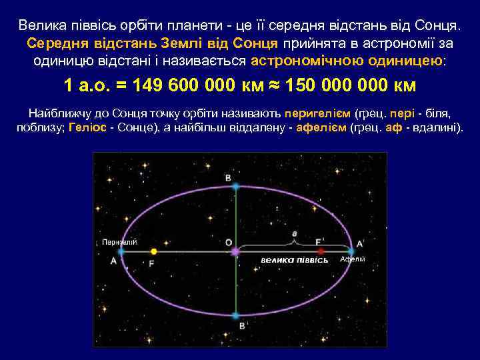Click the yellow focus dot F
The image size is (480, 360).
coord(154,252)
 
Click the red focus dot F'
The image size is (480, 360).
coord(321,251)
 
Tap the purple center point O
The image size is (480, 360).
coord(235,252)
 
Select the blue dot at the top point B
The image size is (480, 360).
coord(235,187)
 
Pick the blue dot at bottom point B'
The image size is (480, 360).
coord(235,315)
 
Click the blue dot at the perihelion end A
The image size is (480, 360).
coord(121,252)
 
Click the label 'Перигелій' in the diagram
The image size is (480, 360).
coord(120,242)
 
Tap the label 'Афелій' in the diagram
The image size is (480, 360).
coord(353,259)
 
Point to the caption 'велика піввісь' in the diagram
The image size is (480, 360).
coord(295,259)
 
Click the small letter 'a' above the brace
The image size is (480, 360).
coord(295,234)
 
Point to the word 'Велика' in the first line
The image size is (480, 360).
coord(41,26)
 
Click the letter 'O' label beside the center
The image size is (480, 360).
coord(229,241)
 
